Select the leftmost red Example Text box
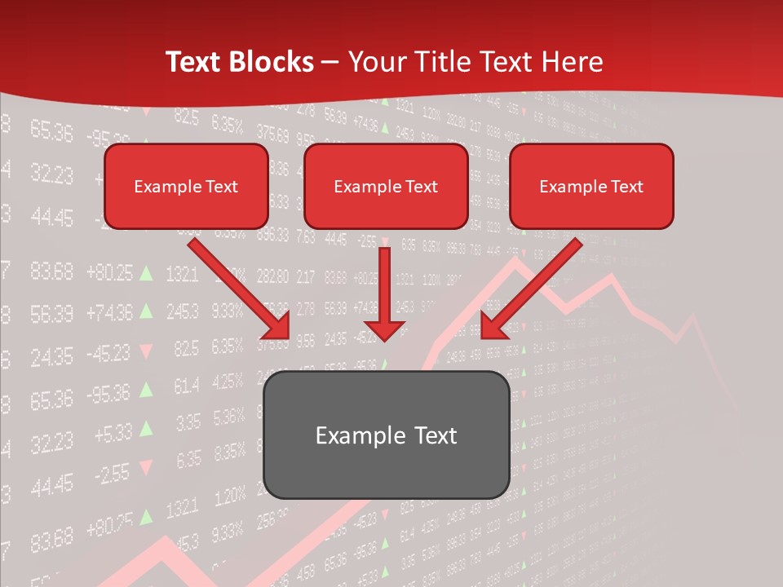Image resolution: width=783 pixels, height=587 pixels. pyautogui.click(x=186, y=186)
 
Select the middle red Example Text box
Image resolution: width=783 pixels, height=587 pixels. pyautogui.click(x=386, y=186)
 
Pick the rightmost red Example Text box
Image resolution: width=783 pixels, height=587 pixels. pyautogui.click(x=591, y=186)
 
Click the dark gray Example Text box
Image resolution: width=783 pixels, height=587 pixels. pyautogui.click(x=386, y=435)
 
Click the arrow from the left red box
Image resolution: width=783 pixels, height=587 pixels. pyautogui.click(x=237, y=287)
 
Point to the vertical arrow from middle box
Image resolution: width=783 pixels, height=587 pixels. pyautogui.click(x=385, y=285)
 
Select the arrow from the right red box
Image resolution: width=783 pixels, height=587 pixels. pyautogui.click(x=534, y=287)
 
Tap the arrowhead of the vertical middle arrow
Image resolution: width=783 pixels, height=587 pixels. pyautogui.click(x=385, y=329)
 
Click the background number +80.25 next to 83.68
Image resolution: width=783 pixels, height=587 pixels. pyautogui.click(x=108, y=272)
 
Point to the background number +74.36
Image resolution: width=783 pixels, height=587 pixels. pyautogui.click(x=108, y=311)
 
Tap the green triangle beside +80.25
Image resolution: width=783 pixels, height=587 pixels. pyautogui.click(x=146, y=272)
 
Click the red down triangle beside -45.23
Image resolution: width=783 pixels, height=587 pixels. pyautogui.click(x=146, y=351)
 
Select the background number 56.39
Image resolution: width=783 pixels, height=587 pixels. pyautogui.click(x=51, y=313)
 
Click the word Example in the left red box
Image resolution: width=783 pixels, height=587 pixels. pyautogui.click(x=161, y=186)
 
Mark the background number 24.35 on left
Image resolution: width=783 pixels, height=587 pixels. pyautogui.click(x=51, y=356)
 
